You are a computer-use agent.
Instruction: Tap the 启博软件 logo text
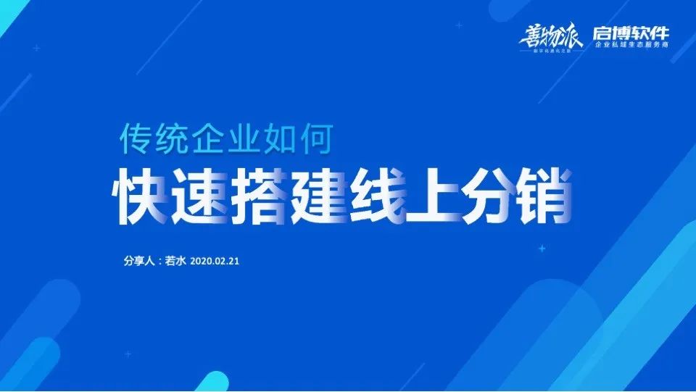(631, 33)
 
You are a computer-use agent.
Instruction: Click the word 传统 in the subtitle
(146, 138)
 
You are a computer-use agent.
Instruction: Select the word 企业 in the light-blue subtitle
(217, 138)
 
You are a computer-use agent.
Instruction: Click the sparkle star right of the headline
(542, 249)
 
